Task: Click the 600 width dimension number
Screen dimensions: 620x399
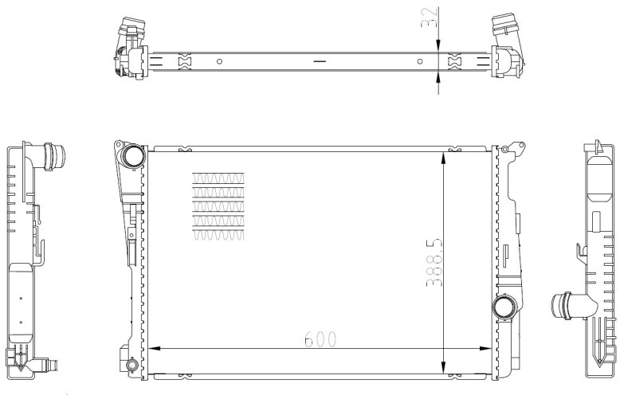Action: pos(320,339)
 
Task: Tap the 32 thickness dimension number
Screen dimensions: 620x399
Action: pos(430,18)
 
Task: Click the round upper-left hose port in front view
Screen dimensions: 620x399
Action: pos(133,156)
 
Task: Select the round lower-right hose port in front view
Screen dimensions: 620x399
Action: pos(504,307)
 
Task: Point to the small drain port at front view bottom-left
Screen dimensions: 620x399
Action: pos(131,364)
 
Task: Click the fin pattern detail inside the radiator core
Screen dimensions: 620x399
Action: pos(218,206)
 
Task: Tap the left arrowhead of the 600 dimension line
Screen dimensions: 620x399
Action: pos(154,349)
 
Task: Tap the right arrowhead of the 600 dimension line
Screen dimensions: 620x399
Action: pos(485,349)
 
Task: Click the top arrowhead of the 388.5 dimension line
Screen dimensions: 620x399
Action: pos(444,158)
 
